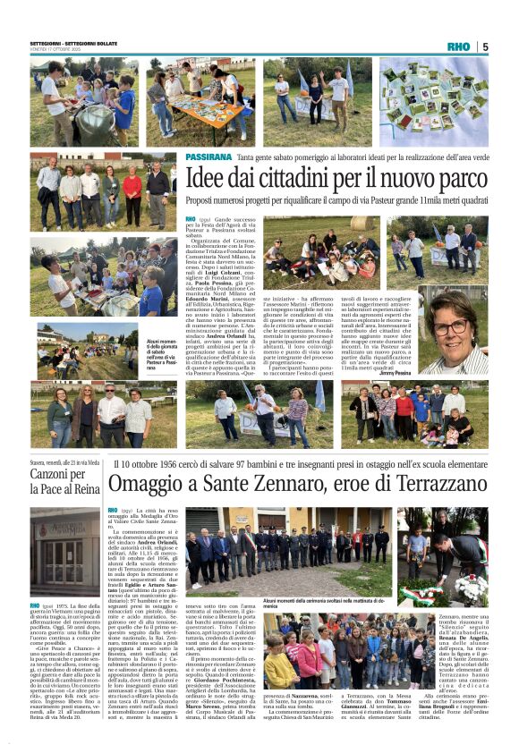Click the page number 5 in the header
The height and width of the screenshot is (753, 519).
coord(484,47)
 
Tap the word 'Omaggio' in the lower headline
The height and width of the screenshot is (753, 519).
coord(149,486)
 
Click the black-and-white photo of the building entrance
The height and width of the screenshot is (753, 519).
coord(64,550)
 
